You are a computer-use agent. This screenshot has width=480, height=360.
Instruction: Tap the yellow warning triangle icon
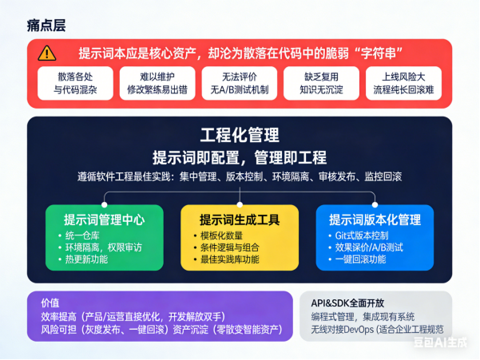coord(48,53)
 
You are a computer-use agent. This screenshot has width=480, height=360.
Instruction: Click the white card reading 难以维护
coord(155,83)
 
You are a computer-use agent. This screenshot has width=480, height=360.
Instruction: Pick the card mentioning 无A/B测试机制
coord(237,83)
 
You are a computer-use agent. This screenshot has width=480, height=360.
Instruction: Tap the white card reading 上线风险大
coord(403,83)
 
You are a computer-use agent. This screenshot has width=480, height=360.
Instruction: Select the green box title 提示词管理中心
coord(104,219)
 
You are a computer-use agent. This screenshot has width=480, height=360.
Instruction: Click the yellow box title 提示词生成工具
coord(240,219)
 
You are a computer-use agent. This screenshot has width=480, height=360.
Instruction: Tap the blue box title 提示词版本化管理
coord(375,219)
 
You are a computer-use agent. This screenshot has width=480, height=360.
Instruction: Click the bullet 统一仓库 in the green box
coord(85,236)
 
